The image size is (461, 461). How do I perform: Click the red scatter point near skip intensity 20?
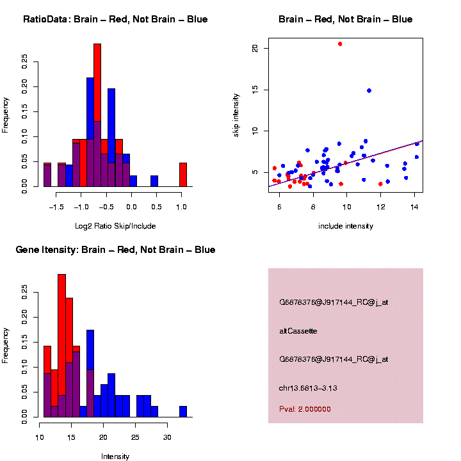coord(340,44)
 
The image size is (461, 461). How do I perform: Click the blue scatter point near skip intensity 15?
coord(369,90)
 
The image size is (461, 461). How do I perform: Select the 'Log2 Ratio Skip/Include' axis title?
coord(115,225)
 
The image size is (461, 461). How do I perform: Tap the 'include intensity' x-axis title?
coord(346,226)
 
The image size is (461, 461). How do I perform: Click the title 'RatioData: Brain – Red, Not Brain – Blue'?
coord(115,19)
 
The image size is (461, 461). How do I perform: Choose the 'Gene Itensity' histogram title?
coord(115,249)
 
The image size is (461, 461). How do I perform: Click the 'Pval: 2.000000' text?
coord(305,409)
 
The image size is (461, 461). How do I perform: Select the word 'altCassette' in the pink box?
coord(298,330)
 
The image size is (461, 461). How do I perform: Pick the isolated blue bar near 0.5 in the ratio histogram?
coord(154,181)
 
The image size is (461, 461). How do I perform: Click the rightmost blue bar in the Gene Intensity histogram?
coord(183,411)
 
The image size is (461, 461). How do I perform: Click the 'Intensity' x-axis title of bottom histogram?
coord(115,457)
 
